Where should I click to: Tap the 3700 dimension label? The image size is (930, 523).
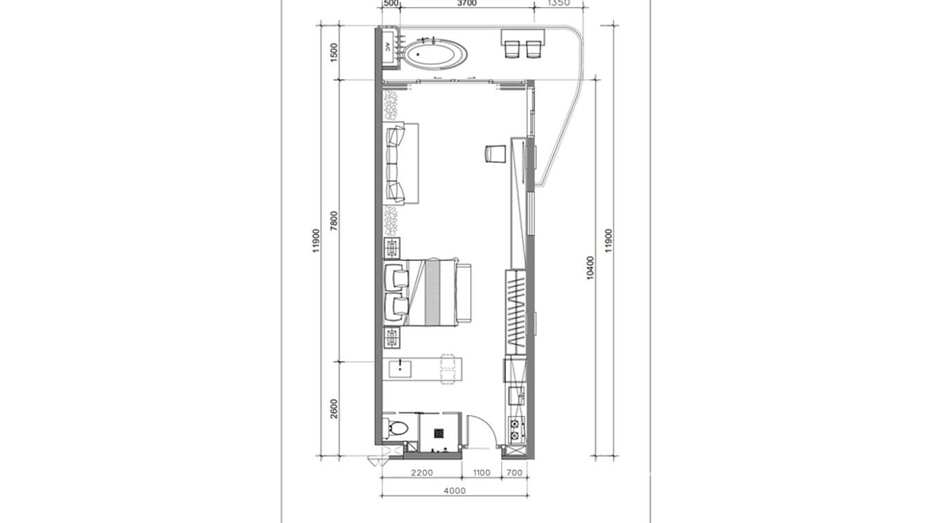pos(467,3)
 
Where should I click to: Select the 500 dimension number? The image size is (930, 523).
pos(392,3)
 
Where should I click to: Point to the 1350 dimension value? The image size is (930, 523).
pos(558,3)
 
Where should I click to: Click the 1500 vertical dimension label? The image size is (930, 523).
pos(334,52)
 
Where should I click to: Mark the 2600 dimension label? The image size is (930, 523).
pos(334,409)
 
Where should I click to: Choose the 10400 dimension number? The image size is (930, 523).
pos(590,268)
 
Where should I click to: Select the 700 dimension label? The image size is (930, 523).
pos(514,473)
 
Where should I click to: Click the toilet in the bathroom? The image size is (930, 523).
pos(396,427)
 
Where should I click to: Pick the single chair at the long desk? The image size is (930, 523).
pos(495,153)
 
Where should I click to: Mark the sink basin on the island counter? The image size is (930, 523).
pos(401,368)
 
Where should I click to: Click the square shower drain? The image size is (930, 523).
pos(439,434)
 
